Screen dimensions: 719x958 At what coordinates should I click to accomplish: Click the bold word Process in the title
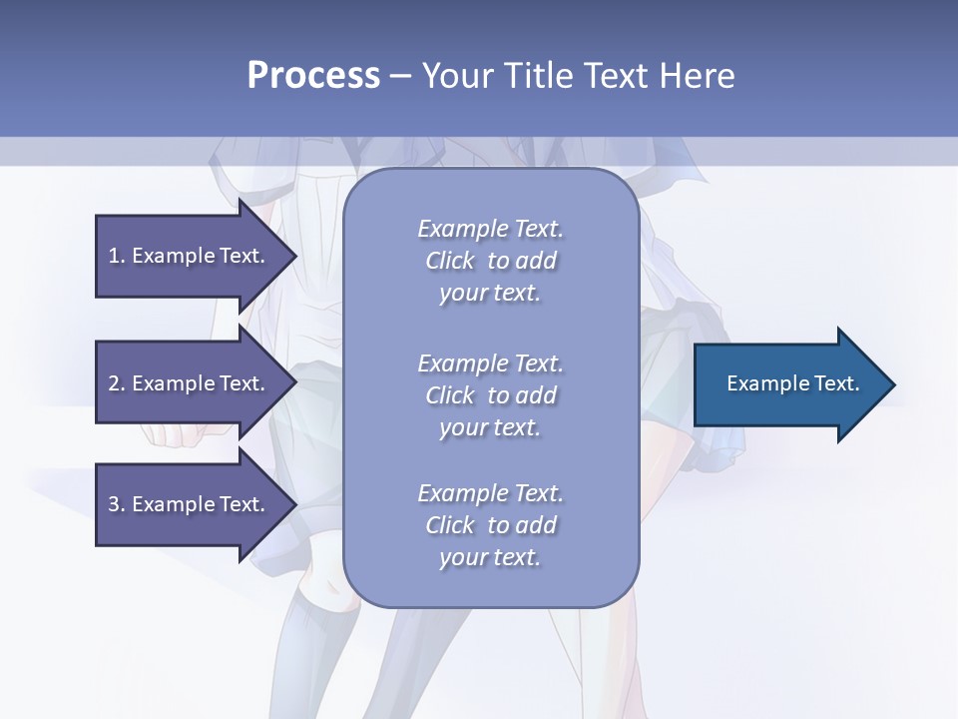[313, 76]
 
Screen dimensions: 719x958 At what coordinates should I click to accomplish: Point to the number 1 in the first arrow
[114, 256]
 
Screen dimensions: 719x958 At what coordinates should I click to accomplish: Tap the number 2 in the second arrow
[114, 383]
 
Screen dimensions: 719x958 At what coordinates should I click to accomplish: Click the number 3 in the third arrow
[114, 504]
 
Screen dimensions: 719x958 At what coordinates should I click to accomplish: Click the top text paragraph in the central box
[490, 261]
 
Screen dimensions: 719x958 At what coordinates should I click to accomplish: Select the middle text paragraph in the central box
[490, 395]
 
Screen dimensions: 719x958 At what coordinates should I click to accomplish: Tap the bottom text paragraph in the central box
[490, 525]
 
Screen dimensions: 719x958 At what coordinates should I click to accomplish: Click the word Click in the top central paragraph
[450, 261]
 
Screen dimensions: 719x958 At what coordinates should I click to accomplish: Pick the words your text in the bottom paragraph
[490, 557]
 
